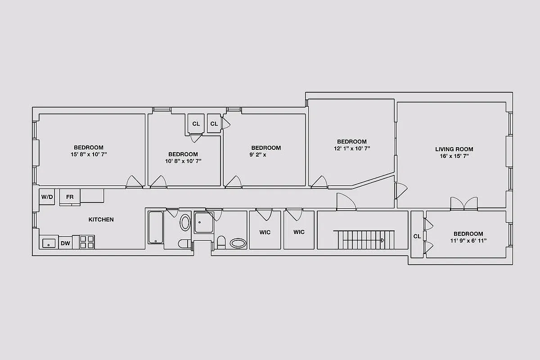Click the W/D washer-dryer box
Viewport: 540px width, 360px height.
pos(47,197)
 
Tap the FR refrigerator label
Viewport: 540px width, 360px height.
pos(70,197)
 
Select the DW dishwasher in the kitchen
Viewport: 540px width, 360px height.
pos(65,243)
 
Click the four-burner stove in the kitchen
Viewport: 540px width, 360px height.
pos(87,242)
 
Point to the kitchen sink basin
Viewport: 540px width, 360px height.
pos(49,243)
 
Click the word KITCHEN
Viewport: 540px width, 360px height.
pos(101,220)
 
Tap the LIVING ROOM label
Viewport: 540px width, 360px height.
pos(454,149)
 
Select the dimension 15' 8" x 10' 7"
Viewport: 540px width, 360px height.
pos(89,154)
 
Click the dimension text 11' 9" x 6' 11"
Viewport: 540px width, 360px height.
pos(468,241)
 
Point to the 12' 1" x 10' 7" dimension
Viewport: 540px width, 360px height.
pos(352,148)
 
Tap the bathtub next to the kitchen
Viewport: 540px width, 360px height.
pos(156,227)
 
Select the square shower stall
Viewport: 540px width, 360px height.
pos(204,222)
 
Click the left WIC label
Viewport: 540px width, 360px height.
pos(265,232)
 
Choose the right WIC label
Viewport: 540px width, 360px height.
pos(299,232)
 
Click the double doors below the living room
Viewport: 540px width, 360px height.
pos(464,204)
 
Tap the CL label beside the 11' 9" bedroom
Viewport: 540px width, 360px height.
pos(417,236)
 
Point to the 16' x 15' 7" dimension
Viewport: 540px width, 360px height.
pos(454,156)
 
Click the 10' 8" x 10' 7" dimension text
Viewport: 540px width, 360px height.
pos(183,161)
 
